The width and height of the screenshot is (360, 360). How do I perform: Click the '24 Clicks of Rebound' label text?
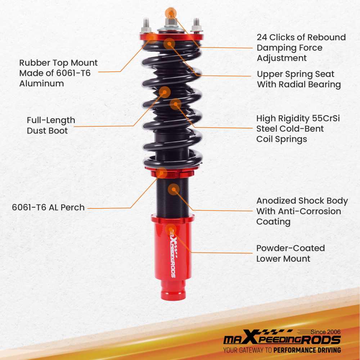(301, 37)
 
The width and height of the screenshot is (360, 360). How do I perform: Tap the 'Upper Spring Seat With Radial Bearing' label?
(298, 80)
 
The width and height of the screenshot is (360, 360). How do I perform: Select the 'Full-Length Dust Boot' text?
(51, 125)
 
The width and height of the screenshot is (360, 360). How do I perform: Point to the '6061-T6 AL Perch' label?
(48, 207)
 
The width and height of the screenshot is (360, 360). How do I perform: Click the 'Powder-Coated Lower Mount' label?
(290, 253)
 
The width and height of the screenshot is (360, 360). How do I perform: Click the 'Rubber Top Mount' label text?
(58, 63)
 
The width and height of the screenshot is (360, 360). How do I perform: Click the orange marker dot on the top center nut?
(171, 13)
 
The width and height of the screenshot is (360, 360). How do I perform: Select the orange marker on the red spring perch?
(162, 173)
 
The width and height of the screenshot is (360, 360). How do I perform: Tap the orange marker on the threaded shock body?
(174, 189)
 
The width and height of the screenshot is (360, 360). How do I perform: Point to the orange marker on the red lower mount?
(171, 229)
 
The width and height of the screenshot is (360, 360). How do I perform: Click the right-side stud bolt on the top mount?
(197, 24)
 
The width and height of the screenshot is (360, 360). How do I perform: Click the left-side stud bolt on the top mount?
(147, 24)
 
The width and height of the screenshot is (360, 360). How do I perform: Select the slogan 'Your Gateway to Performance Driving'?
(282, 350)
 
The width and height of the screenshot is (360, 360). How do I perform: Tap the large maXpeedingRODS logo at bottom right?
(282, 340)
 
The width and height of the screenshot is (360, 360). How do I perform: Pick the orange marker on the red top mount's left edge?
(152, 37)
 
